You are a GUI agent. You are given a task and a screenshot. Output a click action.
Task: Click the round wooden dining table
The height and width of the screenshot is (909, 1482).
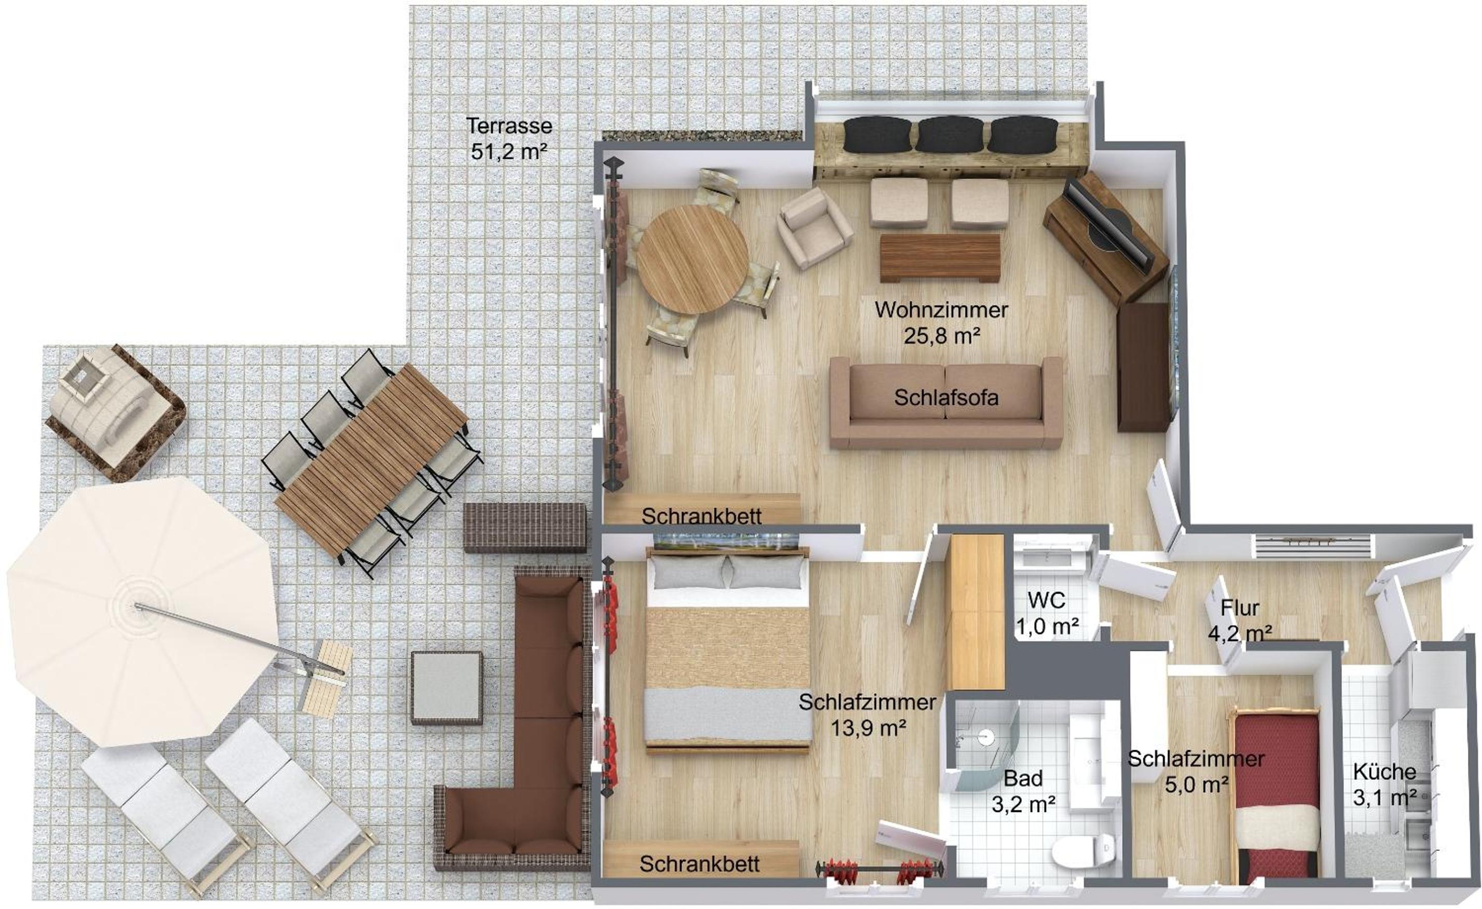pyautogui.click(x=692, y=259)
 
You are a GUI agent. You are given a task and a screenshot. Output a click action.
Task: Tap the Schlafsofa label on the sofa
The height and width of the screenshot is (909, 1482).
pyautogui.click(x=946, y=397)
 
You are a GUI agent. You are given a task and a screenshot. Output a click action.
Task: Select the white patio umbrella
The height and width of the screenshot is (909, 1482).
pyautogui.click(x=143, y=611)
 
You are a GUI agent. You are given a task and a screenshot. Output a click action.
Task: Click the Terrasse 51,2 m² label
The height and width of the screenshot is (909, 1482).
pyautogui.click(x=509, y=139)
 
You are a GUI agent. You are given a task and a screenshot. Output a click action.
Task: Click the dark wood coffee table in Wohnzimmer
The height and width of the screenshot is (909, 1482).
pyautogui.click(x=939, y=257)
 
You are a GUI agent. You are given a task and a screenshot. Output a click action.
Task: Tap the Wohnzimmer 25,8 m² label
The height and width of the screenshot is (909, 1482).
pyautogui.click(x=941, y=322)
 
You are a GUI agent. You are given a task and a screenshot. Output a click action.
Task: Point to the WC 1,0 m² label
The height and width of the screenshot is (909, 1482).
pyautogui.click(x=1047, y=614)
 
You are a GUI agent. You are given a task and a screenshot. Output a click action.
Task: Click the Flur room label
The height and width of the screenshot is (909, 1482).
pyautogui.click(x=1240, y=608)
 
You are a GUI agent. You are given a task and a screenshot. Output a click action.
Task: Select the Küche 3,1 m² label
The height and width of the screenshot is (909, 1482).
pyautogui.click(x=1384, y=784)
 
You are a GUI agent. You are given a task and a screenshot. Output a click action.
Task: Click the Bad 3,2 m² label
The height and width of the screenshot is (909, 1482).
pyautogui.click(x=1023, y=791)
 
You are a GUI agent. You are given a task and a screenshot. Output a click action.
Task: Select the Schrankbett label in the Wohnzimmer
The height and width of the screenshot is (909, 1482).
pyautogui.click(x=701, y=516)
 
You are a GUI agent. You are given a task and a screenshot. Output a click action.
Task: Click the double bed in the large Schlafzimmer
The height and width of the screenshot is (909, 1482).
pyautogui.click(x=728, y=650)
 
